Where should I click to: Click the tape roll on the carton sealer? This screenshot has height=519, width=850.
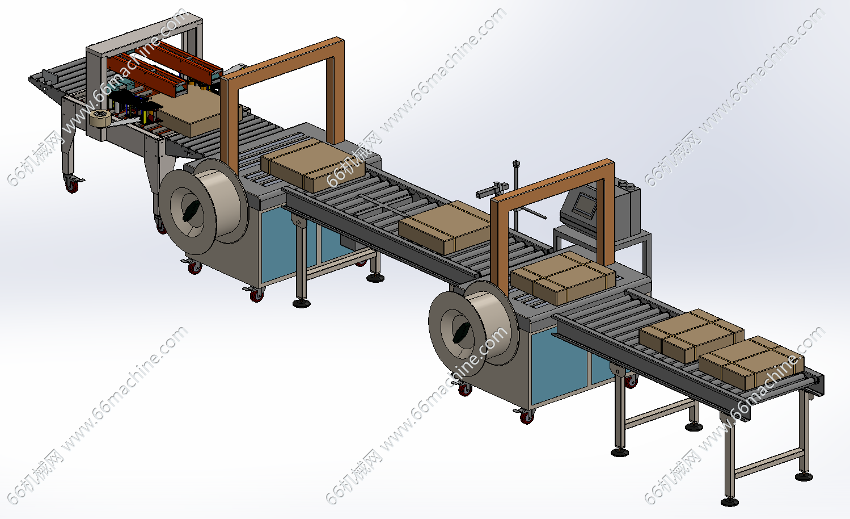point(100,119)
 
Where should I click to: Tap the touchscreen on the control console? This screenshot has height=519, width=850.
point(585,205)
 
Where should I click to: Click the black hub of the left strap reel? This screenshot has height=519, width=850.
point(191,211)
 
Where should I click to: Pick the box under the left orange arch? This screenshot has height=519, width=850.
point(312,165)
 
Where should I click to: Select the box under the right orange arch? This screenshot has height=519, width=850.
point(563,278)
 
